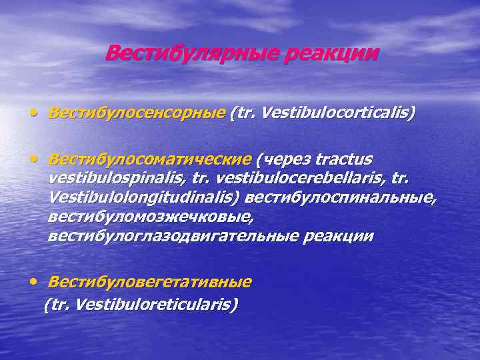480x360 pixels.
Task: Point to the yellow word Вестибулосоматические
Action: (150, 159)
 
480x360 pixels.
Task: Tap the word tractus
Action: (344, 159)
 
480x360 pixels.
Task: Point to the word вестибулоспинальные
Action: (340, 198)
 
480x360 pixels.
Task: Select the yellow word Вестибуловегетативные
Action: (149, 282)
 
